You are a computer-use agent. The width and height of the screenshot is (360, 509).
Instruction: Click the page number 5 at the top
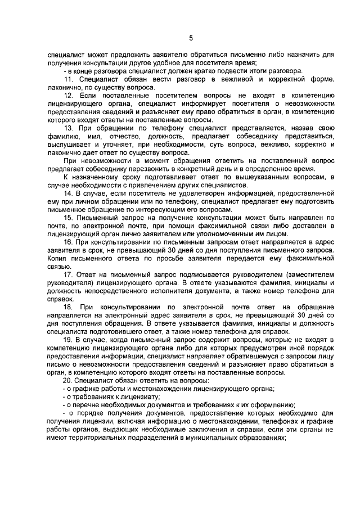[191, 38]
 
